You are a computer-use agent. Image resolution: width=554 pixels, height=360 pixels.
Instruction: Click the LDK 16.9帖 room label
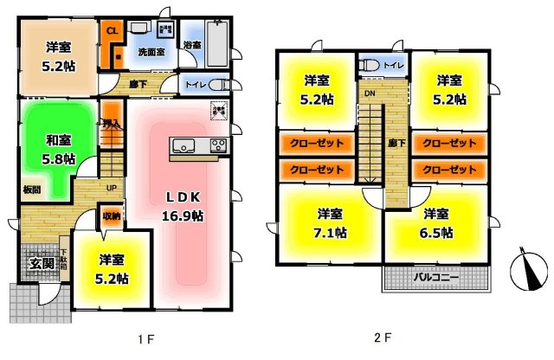(183, 205)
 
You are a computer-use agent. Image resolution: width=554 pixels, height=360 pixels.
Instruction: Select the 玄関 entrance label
(36, 263)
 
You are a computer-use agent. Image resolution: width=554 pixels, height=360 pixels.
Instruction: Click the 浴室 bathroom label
(191, 44)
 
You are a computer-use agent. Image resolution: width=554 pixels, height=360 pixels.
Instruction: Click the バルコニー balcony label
(435, 278)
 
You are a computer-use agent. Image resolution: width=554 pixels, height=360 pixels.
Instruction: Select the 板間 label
(29, 187)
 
